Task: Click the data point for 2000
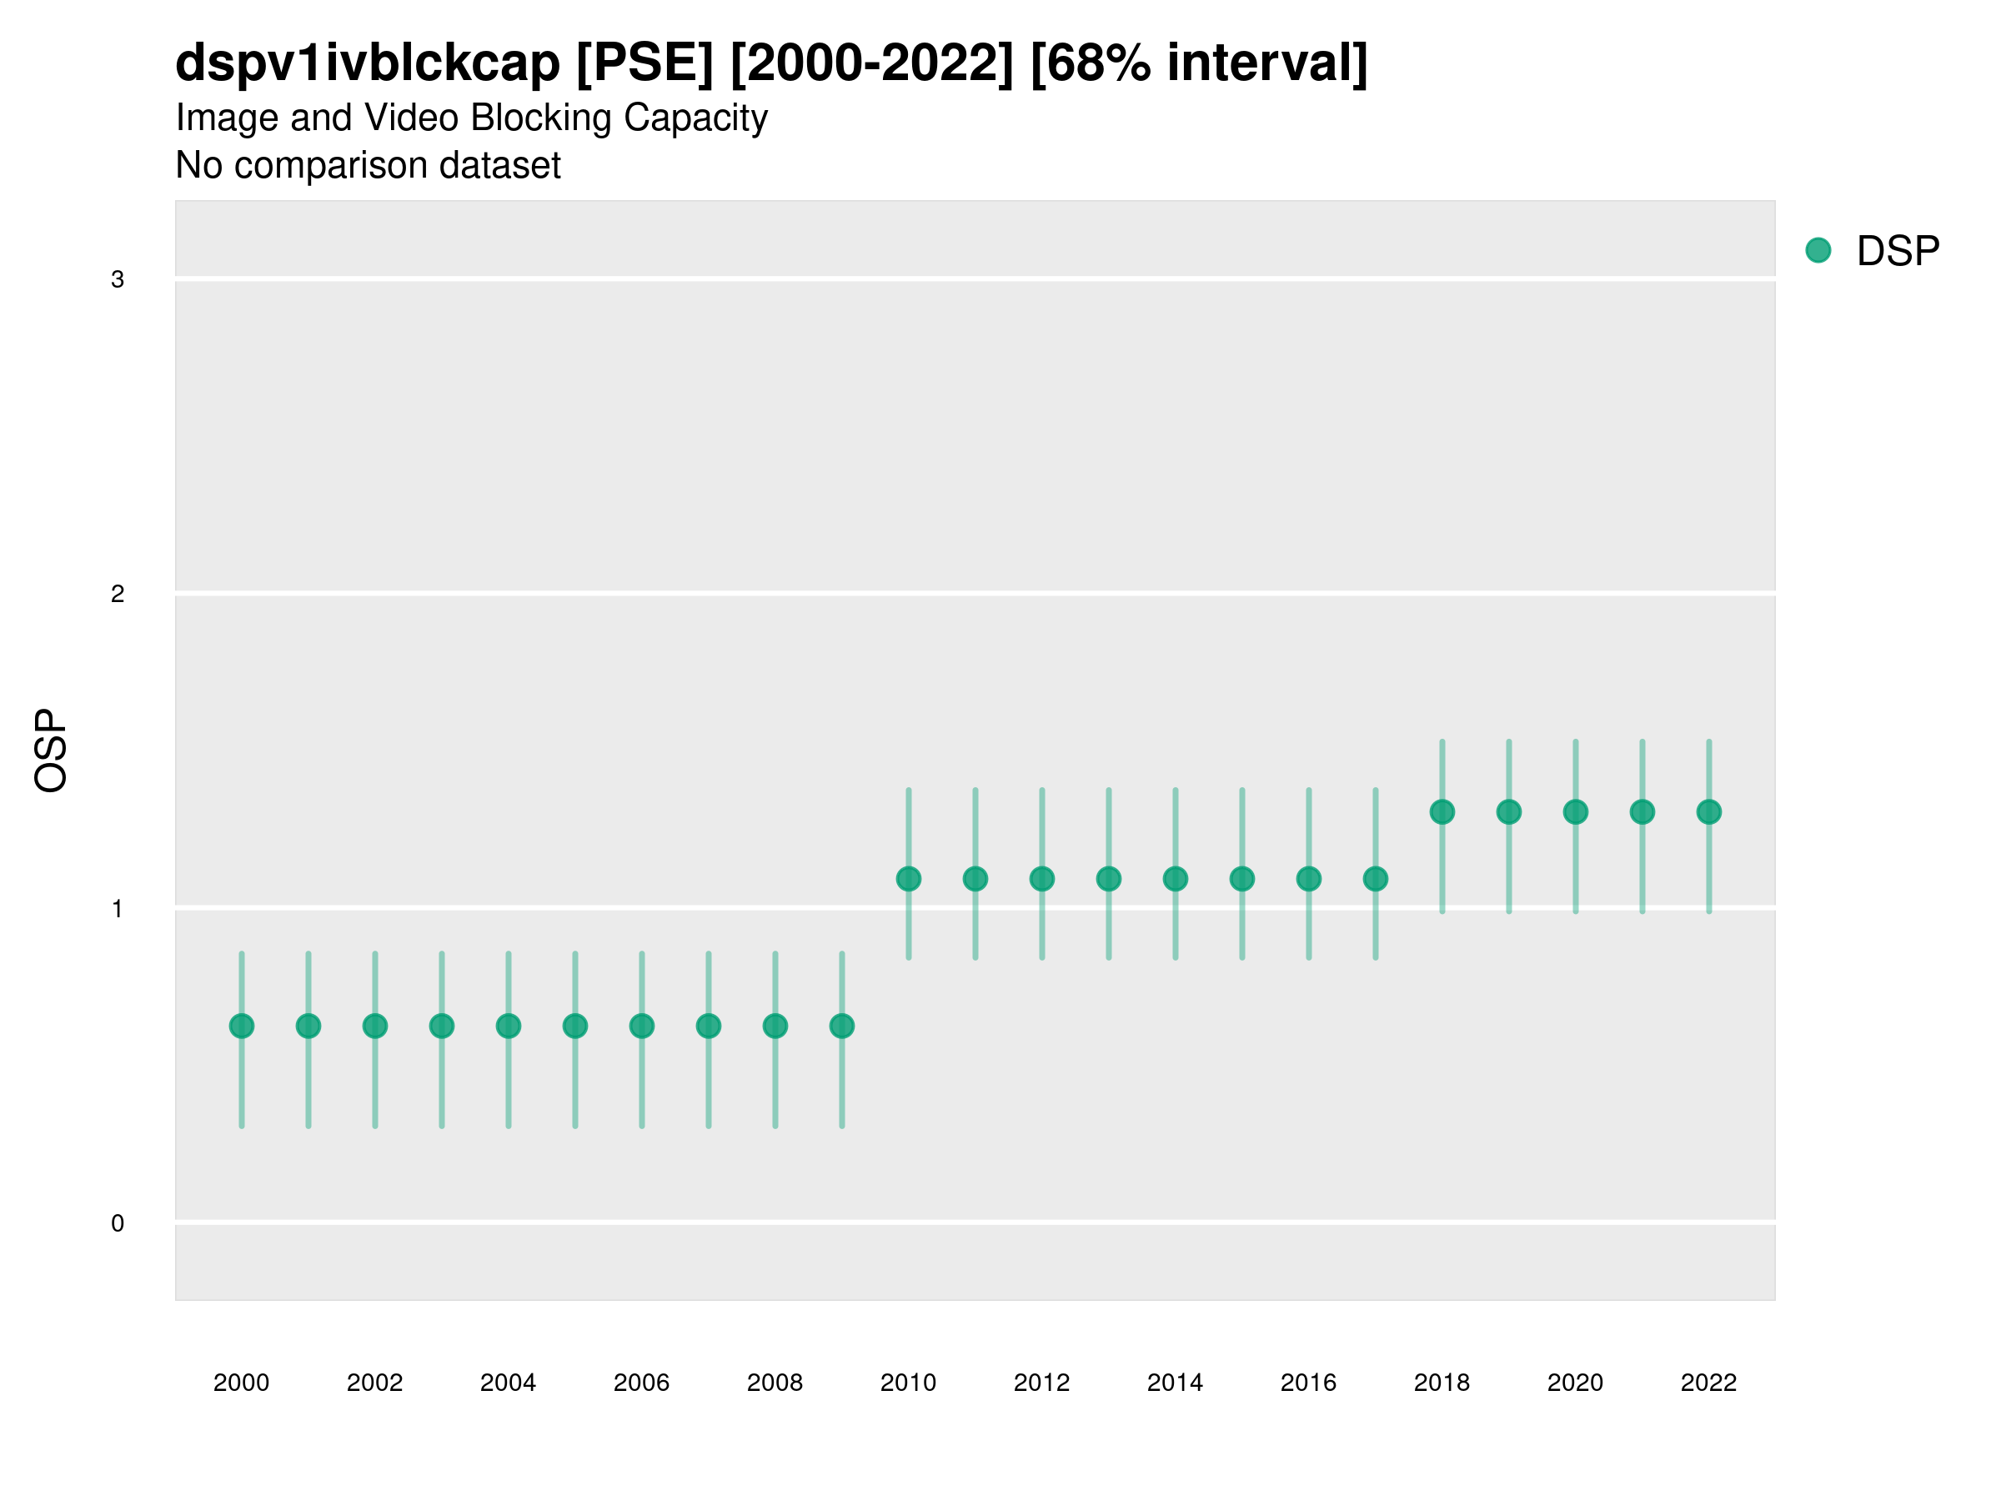pyautogui.click(x=242, y=1026)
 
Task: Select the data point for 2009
pyautogui.click(x=842, y=1026)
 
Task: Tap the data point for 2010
pyautogui.click(x=908, y=879)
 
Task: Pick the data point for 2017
pyautogui.click(x=1375, y=879)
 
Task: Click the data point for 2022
pyautogui.click(x=1709, y=811)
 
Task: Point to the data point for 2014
pyautogui.click(x=1175, y=879)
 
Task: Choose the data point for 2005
pyautogui.click(x=575, y=1026)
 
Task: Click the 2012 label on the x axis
pyautogui.click(x=1041, y=1383)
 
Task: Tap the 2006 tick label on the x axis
pyautogui.click(x=641, y=1383)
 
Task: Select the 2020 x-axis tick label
pyautogui.click(x=1575, y=1383)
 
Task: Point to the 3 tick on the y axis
pyautogui.click(x=118, y=279)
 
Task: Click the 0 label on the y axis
pyautogui.click(x=118, y=1223)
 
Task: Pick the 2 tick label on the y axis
pyautogui.click(x=118, y=595)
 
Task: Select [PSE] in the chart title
pyautogui.click(x=645, y=63)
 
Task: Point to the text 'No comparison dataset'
pyautogui.click(x=369, y=166)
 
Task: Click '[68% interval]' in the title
pyautogui.click(x=1199, y=63)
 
